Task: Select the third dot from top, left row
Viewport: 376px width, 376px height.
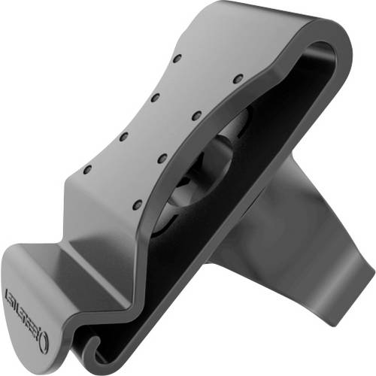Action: (124, 135)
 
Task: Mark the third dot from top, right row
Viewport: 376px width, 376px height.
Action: (160, 156)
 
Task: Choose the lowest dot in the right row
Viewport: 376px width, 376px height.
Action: (135, 204)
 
